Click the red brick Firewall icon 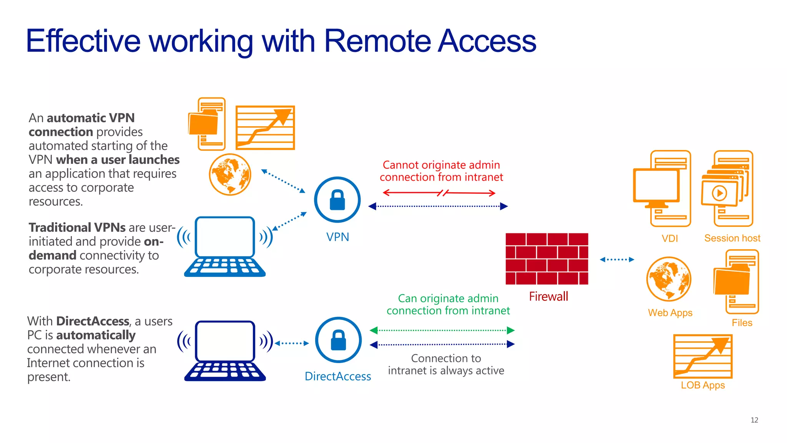click(x=546, y=259)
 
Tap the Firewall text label click(x=548, y=296)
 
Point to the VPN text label click(x=337, y=237)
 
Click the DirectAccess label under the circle click(x=338, y=376)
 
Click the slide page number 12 click(x=754, y=420)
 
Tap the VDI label click(x=670, y=238)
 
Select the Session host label click(x=732, y=238)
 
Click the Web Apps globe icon click(x=669, y=279)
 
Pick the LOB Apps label click(x=703, y=385)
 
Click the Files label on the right click(x=742, y=323)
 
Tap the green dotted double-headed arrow click(x=442, y=330)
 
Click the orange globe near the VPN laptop click(x=230, y=175)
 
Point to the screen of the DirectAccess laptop click(x=225, y=341)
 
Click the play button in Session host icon click(x=719, y=193)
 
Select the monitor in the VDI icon click(x=656, y=185)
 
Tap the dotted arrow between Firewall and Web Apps click(x=617, y=260)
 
